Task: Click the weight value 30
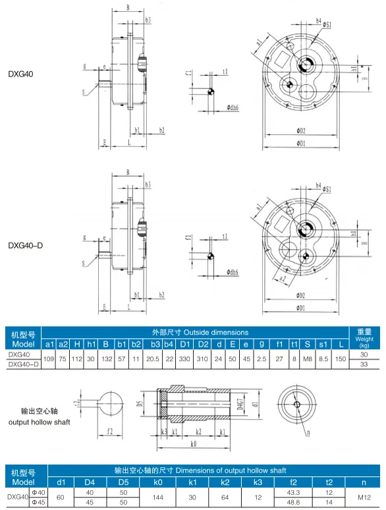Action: [364, 354]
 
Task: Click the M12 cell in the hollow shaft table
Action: [364, 497]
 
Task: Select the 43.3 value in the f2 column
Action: [293, 493]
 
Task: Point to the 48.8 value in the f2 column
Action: [293, 503]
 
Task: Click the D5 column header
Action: [123, 482]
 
